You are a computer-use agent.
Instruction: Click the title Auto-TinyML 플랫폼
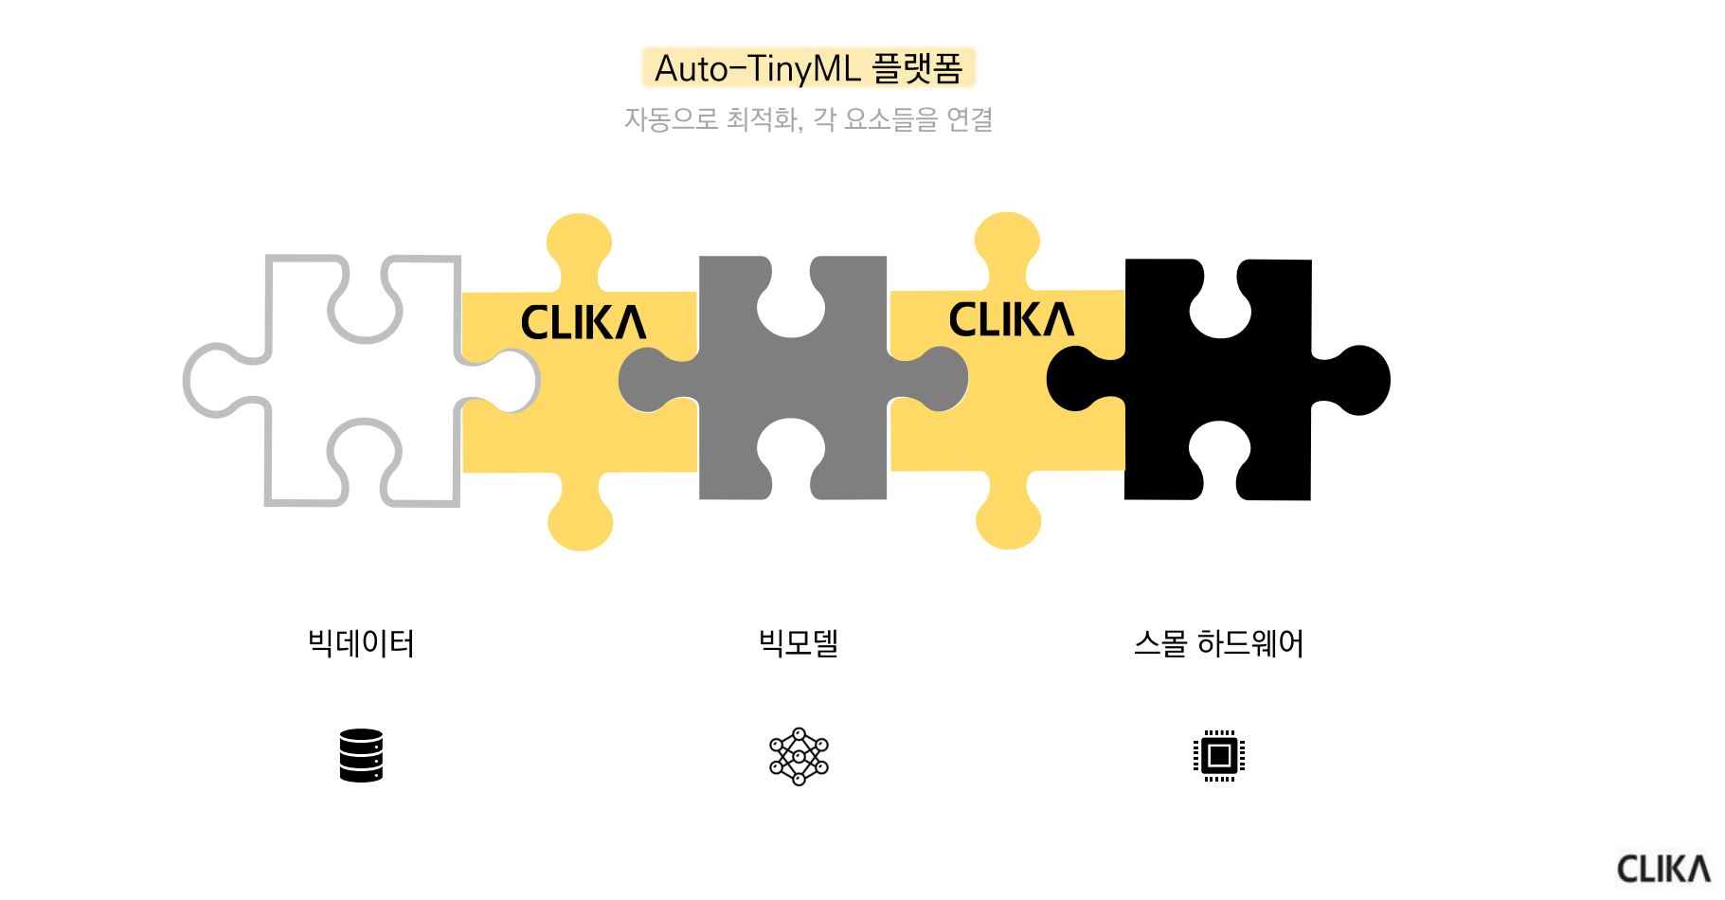click(x=808, y=68)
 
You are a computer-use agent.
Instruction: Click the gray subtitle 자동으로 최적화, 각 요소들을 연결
click(x=808, y=119)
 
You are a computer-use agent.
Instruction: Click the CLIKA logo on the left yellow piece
click(x=584, y=322)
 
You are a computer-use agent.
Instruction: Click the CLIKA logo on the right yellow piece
click(x=1011, y=319)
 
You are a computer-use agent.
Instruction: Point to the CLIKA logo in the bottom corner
click(x=1663, y=869)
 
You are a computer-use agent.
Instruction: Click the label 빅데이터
click(x=361, y=643)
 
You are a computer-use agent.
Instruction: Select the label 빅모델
click(x=799, y=643)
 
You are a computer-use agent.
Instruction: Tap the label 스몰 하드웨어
click(x=1218, y=643)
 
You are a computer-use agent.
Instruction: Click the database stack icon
click(x=361, y=755)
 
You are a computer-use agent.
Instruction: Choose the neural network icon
click(x=799, y=756)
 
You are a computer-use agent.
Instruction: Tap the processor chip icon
click(x=1219, y=756)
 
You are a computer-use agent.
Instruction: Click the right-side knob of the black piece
click(x=1355, y=380)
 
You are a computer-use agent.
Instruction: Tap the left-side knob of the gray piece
click(x=656, y=380)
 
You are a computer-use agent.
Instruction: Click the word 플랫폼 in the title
click(x=917, y=68)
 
